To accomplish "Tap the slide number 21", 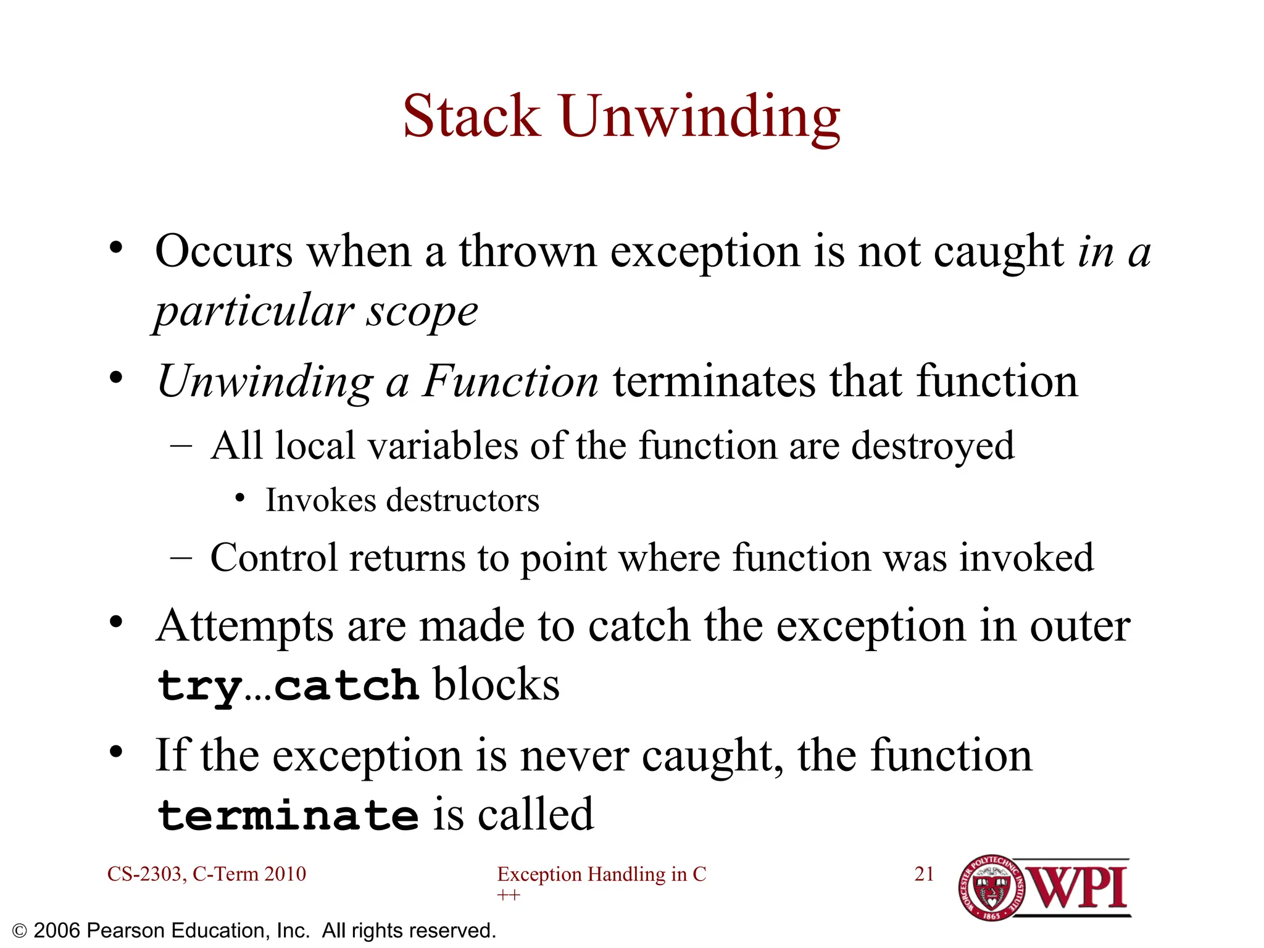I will (x=924, y=874).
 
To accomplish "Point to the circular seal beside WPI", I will (x=991, y=888).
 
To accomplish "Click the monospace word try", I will (x=199, y=686).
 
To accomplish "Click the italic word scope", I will (x=422, y=311).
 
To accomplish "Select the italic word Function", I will (x=510, y=381).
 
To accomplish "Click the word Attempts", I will (x=244, y=626).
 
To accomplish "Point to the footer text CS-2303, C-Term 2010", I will (x=206, y=874).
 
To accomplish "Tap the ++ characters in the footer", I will (x=509, y=895).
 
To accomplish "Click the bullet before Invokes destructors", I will (x=241, y=497).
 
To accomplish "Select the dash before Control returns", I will (x=181, y=558).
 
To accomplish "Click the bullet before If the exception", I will (x=116, y=752).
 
